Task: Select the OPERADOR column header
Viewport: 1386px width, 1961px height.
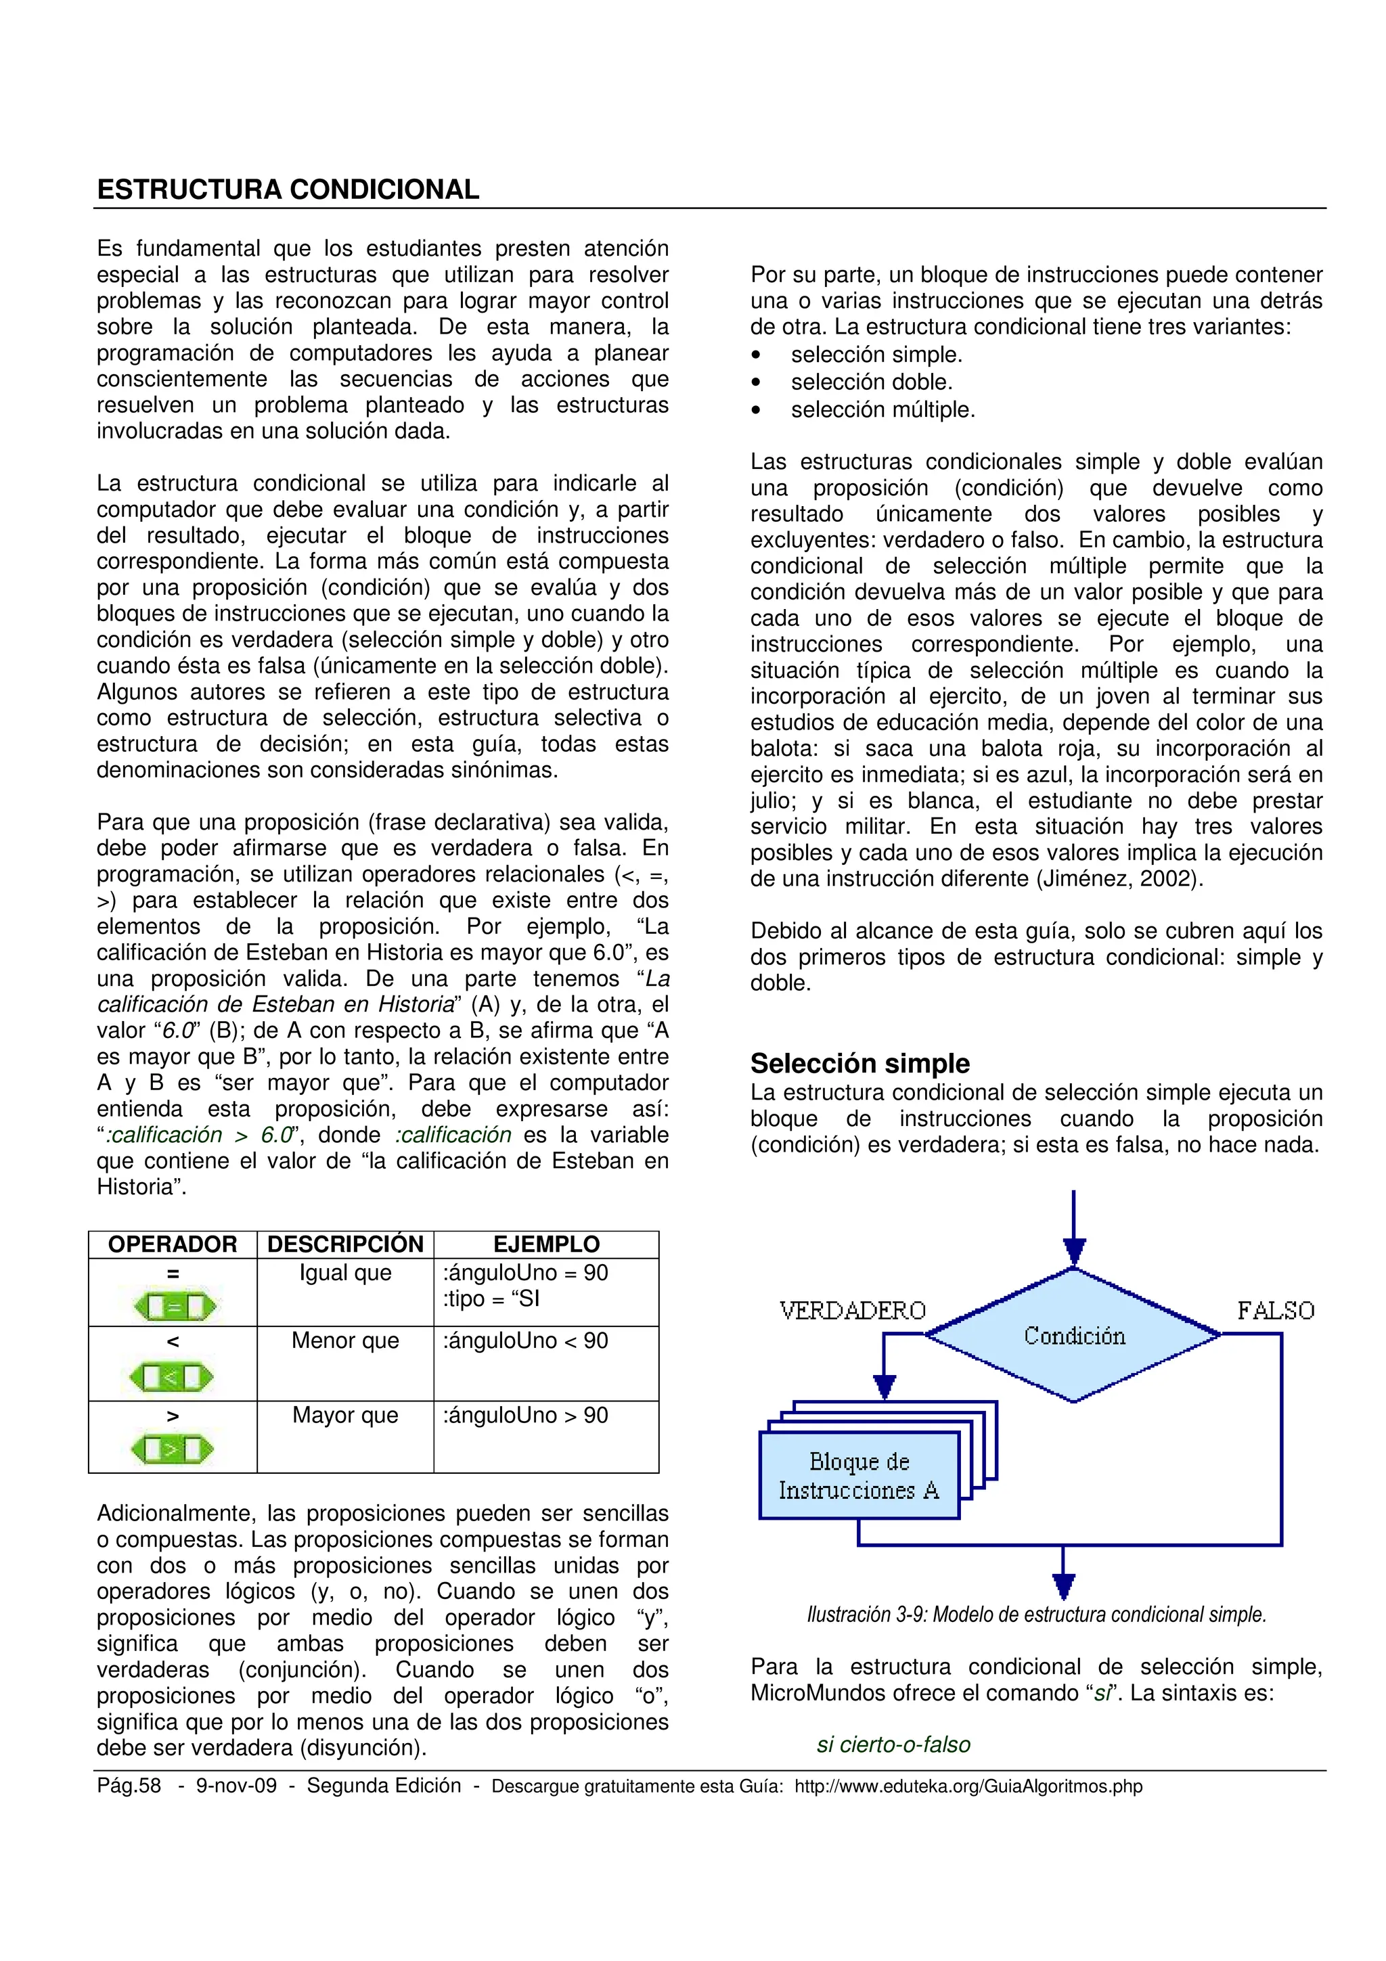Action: pyautogui.click(x=173, y=1244)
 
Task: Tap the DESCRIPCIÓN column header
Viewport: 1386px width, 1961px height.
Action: pyautogui.click(x=345, y=1244)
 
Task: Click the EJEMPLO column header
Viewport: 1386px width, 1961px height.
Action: pyautogui.click(x=547, y=1244)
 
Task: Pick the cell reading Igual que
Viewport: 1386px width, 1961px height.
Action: pyautogui.click(x=345, y=1273)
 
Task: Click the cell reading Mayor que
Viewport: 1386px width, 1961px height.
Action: pyautogui.click(x=345, y=1415)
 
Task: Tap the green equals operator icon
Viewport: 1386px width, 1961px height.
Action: pyautogui.click(x=173, y=1307)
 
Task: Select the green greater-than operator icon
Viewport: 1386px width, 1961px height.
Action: pyautogui.click(x=172, y=1449)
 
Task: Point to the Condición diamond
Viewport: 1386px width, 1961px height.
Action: pyautogui.click(x=1073, y=1335)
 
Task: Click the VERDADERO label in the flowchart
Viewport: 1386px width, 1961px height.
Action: pyautogui.click(x=852, y=1310)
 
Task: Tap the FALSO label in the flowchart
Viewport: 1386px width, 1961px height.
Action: pyautogui.click(x=1275, y=1310)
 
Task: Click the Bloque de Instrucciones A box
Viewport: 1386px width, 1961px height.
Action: pyautogui.click(x=859, y=1476)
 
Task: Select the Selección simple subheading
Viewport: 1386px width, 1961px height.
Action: pyautogui.click(x=860, y=1063)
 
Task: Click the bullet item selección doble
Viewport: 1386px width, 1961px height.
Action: pyautogui.click(x=871, y=382)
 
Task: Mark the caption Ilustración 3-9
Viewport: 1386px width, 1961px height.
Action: pyautogui.click(x=1036, y=1615)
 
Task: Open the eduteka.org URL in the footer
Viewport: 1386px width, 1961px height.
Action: pyautogui.click(x=968, y=1786)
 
